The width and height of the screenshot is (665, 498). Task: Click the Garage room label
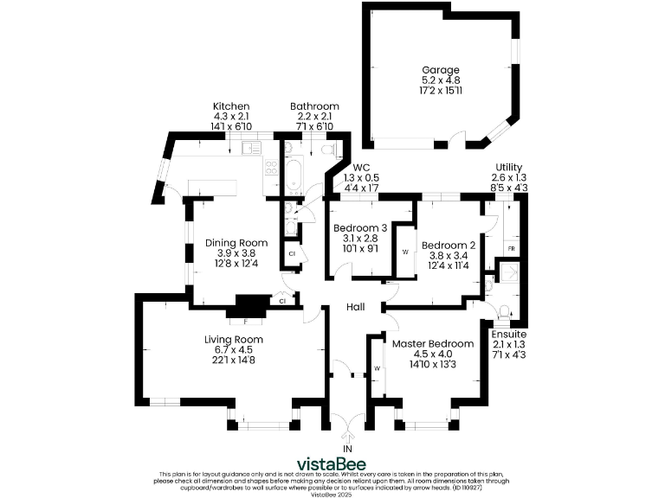click(440, 70)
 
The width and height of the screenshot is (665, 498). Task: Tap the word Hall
click(356, 307)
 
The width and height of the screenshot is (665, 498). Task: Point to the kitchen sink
click(250, 148)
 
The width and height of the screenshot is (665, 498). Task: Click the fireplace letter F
click(245, 321)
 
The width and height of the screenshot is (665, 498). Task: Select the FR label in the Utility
click(512, 249)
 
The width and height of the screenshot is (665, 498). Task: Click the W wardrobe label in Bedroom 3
click(404, 252)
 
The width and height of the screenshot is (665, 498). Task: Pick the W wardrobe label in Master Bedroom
click(377, 368)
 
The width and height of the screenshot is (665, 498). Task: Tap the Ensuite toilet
click(505, 310)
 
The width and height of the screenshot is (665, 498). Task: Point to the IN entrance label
click(347, 450)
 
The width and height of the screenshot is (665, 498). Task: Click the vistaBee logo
click(332, 462)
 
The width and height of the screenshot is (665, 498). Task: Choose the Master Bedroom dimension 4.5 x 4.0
click(433, 354)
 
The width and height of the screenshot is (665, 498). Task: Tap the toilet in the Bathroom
click(327, 150)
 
